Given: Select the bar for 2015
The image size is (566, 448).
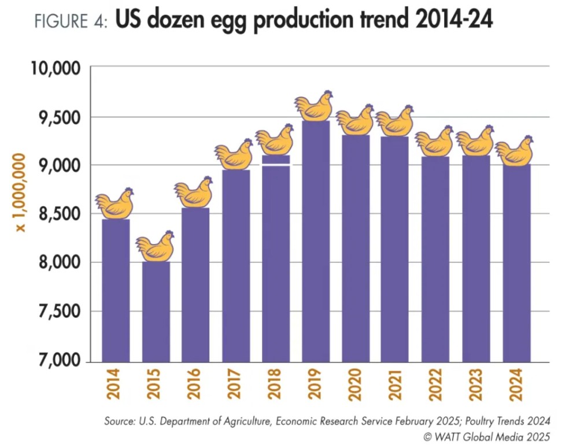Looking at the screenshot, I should coord(156,312).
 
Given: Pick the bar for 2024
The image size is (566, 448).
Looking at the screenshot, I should coord(516,263).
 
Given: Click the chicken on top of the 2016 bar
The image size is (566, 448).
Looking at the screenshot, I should coord(194,192).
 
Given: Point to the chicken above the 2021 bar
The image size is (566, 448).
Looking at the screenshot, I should coord(395,121).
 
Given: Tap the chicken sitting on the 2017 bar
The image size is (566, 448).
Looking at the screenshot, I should coord(234,155).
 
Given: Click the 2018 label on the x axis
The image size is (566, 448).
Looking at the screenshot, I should coord(275,383).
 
